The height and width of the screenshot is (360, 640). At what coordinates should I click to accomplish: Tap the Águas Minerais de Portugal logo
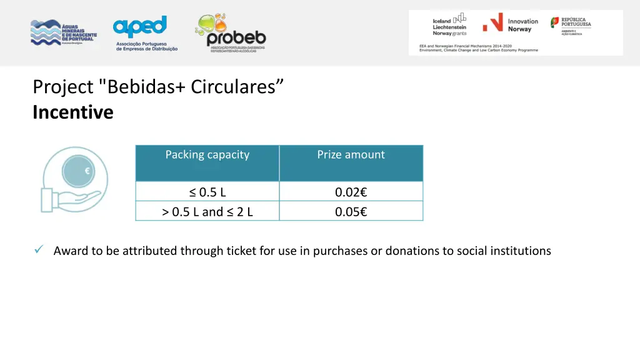pyautogui.click(x=62, y=32)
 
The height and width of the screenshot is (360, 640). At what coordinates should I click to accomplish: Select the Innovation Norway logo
pyautogui.click(x=510, y=25)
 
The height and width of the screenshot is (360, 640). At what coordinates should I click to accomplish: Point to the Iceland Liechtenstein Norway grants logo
pyautogui.click(x=449, y=25)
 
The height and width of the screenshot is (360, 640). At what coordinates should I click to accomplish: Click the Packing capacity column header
pyautogui.click(x=207, y=155)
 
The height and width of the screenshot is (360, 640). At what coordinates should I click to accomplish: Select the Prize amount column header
pyautogui.click(x=351, y=155)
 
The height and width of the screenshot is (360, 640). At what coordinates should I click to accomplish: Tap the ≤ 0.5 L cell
pyautogui.click(x=207, y=192)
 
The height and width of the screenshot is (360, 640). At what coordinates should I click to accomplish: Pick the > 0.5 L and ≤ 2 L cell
pyautogui.click(x=207, y=212)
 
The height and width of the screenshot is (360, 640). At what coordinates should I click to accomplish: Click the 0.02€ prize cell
pyautogui.click(x=351, y=192)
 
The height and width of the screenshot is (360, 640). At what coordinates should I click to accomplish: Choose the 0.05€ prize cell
pyautogui.click(x=351, y=212)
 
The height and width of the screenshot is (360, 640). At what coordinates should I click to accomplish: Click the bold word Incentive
pyautogui.click(x=73, y=112)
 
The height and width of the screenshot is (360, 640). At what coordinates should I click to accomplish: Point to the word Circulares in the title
pyautogui.click(x=237, y=87)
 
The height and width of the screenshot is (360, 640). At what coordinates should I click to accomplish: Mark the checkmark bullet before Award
pyautogui.click(x=38, y=251)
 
